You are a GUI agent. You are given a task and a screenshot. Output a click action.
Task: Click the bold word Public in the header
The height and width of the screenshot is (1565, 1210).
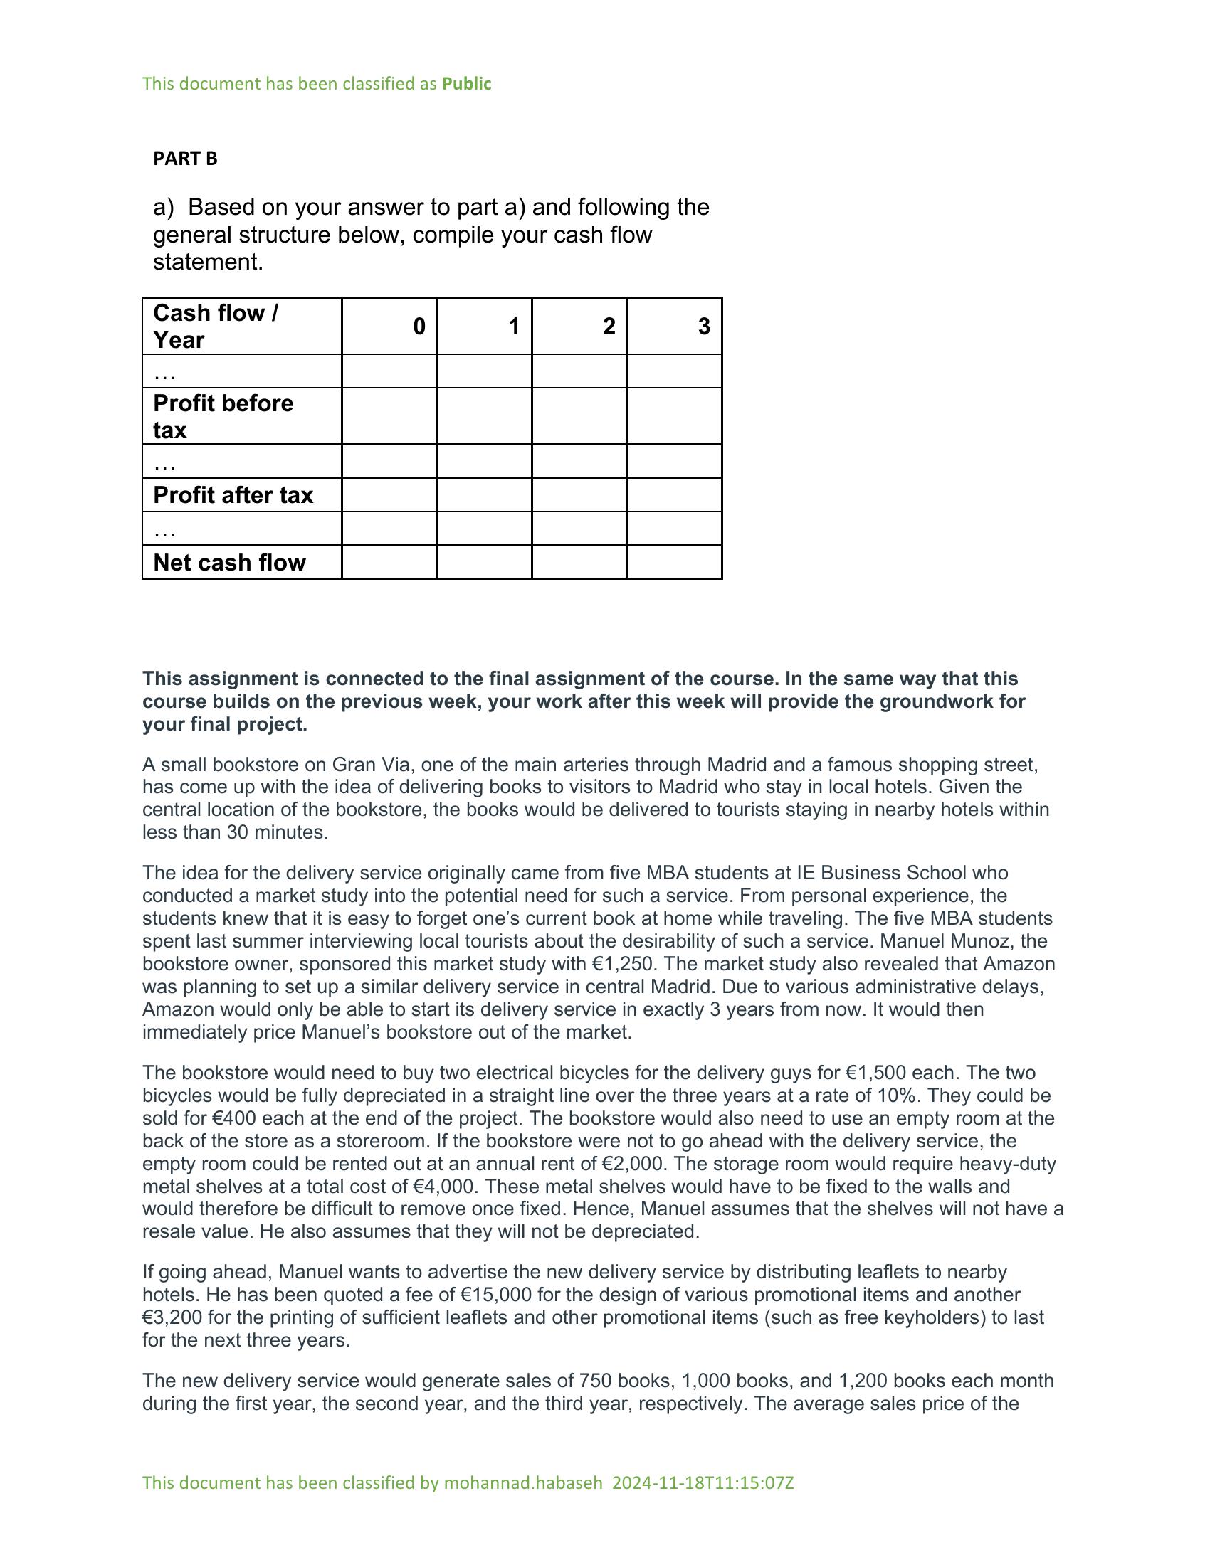pos(466,84)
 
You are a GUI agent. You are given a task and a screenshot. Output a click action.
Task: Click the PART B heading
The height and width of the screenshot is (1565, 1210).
pos(185,159)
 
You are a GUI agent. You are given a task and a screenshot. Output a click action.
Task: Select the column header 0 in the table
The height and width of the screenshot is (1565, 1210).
pos(419,327)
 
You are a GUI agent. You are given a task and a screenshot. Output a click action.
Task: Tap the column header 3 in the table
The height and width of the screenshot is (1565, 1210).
pos(703,327)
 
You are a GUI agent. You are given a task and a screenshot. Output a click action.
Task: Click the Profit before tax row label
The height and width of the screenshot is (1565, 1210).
pos(223,416)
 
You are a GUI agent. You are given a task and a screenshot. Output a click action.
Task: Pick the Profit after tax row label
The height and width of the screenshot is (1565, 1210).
pos(233,495)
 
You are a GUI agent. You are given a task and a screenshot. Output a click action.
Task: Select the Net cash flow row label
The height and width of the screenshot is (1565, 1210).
pos(229,563)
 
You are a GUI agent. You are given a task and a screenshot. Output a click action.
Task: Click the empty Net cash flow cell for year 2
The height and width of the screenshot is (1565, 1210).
pos(579,563)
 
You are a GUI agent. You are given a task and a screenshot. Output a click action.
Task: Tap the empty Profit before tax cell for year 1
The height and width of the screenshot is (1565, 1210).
pos(484,416)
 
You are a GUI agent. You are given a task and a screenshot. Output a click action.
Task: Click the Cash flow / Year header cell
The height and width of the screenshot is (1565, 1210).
pos(215,326)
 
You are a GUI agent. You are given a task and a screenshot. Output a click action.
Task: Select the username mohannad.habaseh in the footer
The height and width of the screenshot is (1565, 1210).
pos(522,1482)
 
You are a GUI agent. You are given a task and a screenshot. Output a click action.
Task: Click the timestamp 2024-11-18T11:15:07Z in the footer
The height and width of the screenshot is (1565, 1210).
pos(703,1482)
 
